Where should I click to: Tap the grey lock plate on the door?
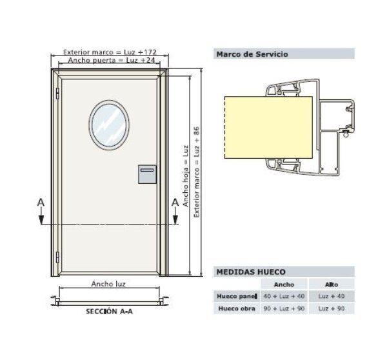coord(147,174)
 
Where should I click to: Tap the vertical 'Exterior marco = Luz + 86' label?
coord(197,171)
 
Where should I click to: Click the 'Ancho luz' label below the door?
coord(108,284)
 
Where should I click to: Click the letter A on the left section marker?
coord(41,202)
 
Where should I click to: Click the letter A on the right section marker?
coord(175,202)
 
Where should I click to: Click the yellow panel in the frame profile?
coord(268,128)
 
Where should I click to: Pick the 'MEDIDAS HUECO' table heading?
coord(252,273)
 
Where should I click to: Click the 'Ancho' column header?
coord(284,284)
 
